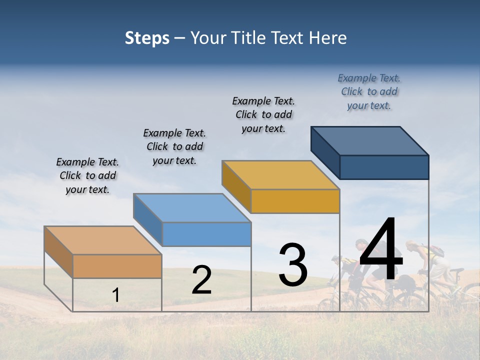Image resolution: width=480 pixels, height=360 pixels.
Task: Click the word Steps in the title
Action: point(147,38)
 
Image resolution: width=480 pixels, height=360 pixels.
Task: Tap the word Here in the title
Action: point(327,38)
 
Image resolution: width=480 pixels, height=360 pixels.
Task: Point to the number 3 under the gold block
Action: point(293,264)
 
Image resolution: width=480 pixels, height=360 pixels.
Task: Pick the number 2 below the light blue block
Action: point(201,280)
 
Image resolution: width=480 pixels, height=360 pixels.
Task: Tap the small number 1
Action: point(115,295)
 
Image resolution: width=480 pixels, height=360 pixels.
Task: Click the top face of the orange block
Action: point(102,240)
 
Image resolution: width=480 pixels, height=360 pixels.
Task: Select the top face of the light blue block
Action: point(192,208)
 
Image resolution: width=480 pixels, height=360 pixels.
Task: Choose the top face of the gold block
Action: point(280,175)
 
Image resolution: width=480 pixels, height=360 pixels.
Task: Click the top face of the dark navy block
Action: point(369,141)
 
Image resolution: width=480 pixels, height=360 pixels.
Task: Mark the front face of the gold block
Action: point(295,201)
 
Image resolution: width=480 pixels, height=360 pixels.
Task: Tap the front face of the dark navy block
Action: point(384,167)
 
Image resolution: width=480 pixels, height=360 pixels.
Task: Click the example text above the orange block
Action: point(87,175)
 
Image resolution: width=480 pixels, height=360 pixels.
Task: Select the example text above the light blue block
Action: point(174,146)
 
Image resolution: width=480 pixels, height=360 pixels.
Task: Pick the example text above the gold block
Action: point(263,114)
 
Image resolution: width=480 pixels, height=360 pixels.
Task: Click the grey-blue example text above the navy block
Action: point(369,91)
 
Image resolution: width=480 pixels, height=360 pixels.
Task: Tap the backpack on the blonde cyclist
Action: point(436,251)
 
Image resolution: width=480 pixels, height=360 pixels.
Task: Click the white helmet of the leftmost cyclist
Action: point(336,258)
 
